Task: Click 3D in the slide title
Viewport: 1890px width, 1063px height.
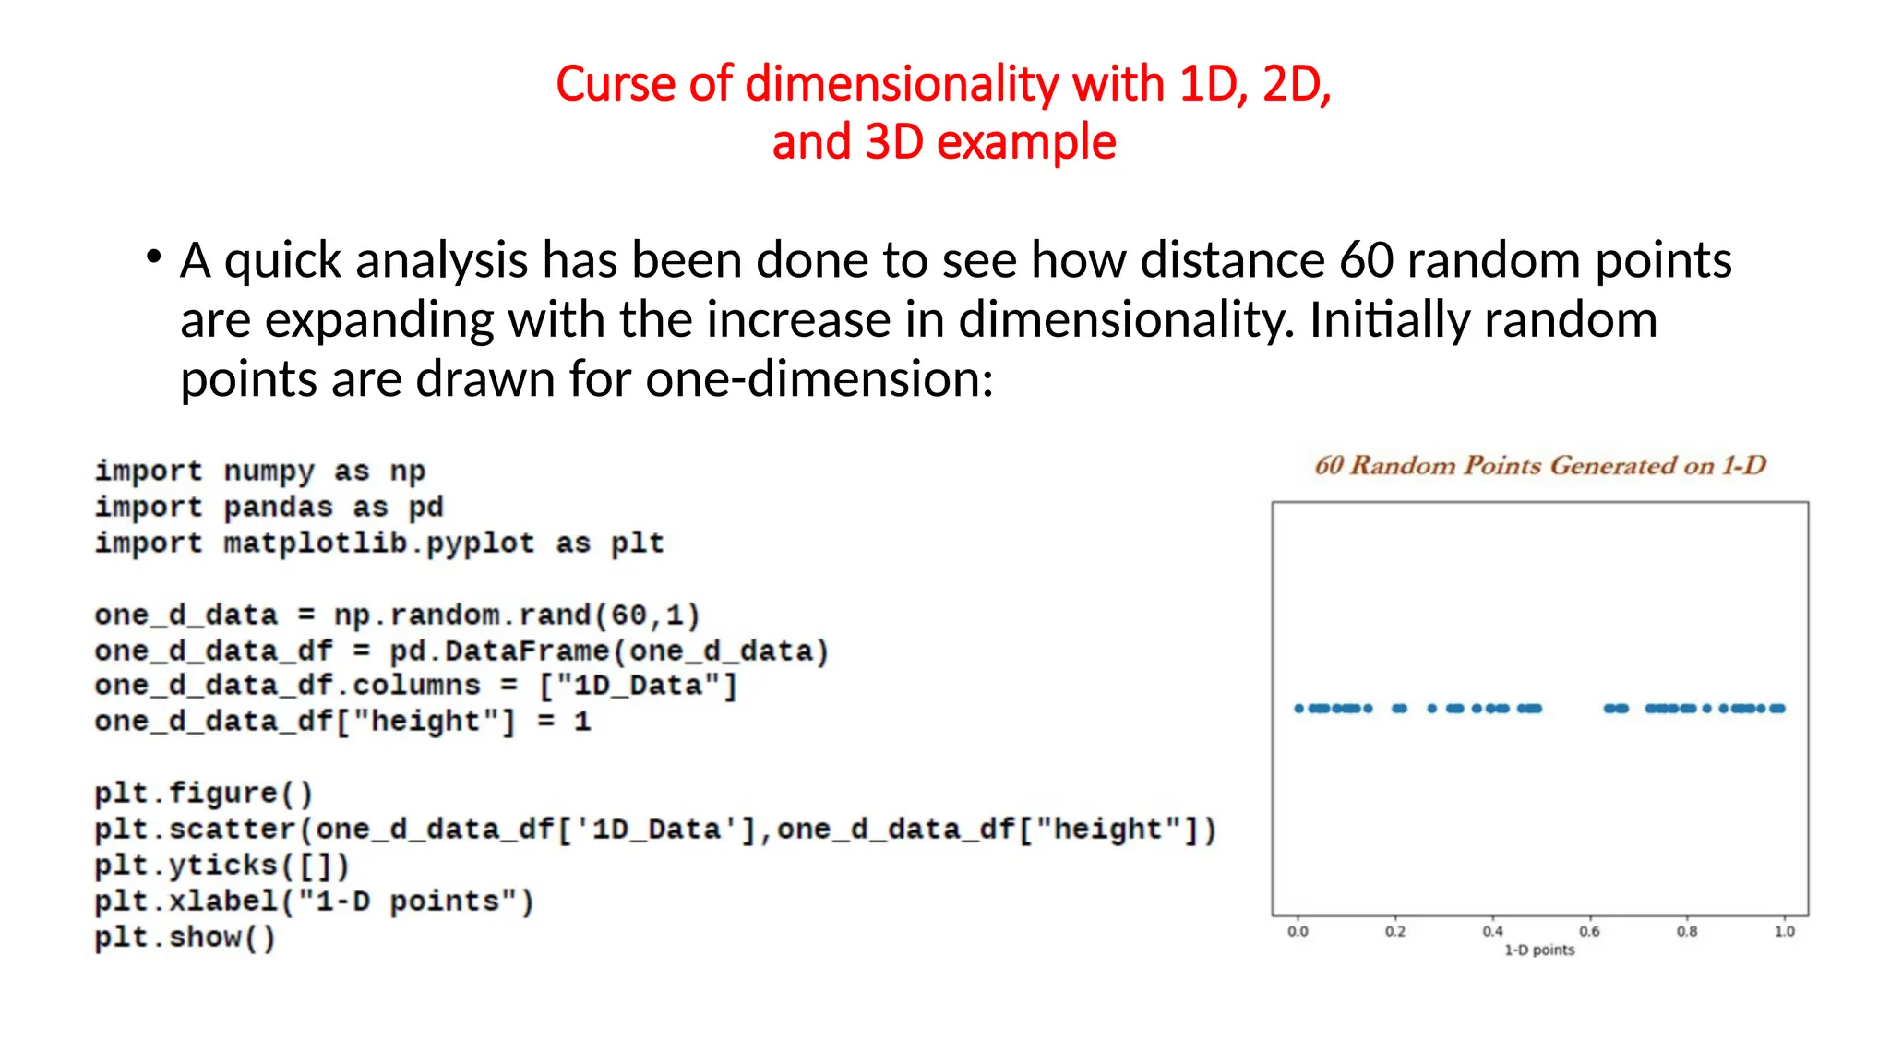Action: coord(893,143)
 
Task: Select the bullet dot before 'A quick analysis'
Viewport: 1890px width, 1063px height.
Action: coord(153,257)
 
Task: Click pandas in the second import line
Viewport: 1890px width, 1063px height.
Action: coord(278,508)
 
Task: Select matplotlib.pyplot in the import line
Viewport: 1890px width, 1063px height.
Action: coord(378,543)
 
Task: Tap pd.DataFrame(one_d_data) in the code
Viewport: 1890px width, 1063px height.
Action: coord(609,651)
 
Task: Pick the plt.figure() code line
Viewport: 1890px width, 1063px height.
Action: coord(204,794)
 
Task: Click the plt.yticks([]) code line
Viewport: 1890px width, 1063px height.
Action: coord(222,866)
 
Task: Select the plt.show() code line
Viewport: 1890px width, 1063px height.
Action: coord(185,938)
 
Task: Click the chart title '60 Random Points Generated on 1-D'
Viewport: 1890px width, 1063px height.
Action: coord(1539,465)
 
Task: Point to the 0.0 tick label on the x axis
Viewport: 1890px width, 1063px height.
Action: coord(1298,931)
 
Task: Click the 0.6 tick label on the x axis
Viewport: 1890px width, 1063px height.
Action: coord(1589,931)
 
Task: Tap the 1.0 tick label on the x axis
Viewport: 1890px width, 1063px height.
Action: coord(1784,931)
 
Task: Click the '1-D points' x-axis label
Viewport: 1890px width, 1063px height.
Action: coord(1539,950)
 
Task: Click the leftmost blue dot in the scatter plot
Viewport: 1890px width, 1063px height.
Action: coord(1298,709)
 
